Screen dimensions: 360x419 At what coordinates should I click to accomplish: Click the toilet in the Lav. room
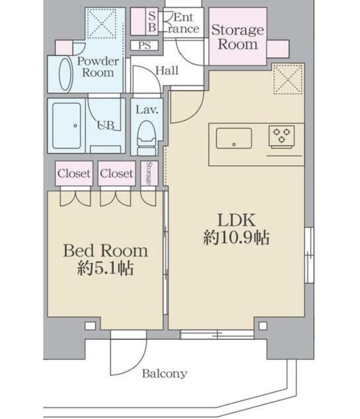[146, 138]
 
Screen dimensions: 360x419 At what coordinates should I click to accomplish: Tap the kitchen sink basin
[234, 138]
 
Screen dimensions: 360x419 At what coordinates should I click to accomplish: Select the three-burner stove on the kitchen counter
[281, 137]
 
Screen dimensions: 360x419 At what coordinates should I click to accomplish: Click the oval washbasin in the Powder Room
[66, 74]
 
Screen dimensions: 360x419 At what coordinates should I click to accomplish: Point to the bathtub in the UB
[67, 126]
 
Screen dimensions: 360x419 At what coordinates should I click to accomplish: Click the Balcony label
[164, 373]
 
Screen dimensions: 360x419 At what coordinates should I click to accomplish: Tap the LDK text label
[237, 220]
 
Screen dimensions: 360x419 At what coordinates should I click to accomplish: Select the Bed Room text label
[105, 251]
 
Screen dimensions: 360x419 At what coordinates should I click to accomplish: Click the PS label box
[144, 45]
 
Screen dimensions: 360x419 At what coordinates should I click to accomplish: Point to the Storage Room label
[238, 37]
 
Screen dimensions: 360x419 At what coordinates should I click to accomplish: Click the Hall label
[167, 71]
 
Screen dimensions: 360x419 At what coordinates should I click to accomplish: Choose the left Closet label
[74, 174]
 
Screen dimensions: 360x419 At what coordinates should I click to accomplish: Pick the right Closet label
[117, 174]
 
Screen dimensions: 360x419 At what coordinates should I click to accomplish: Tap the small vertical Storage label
[149, 173]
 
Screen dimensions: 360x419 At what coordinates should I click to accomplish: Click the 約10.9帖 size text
[237, 238]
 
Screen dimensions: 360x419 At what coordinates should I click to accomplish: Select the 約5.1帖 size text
[105, 268]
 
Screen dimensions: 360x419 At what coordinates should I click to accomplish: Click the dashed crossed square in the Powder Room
[101, 24]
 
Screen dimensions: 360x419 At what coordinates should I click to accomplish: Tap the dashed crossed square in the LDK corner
[288, 79]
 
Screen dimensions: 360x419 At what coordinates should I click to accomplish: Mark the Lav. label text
[147, 110]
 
